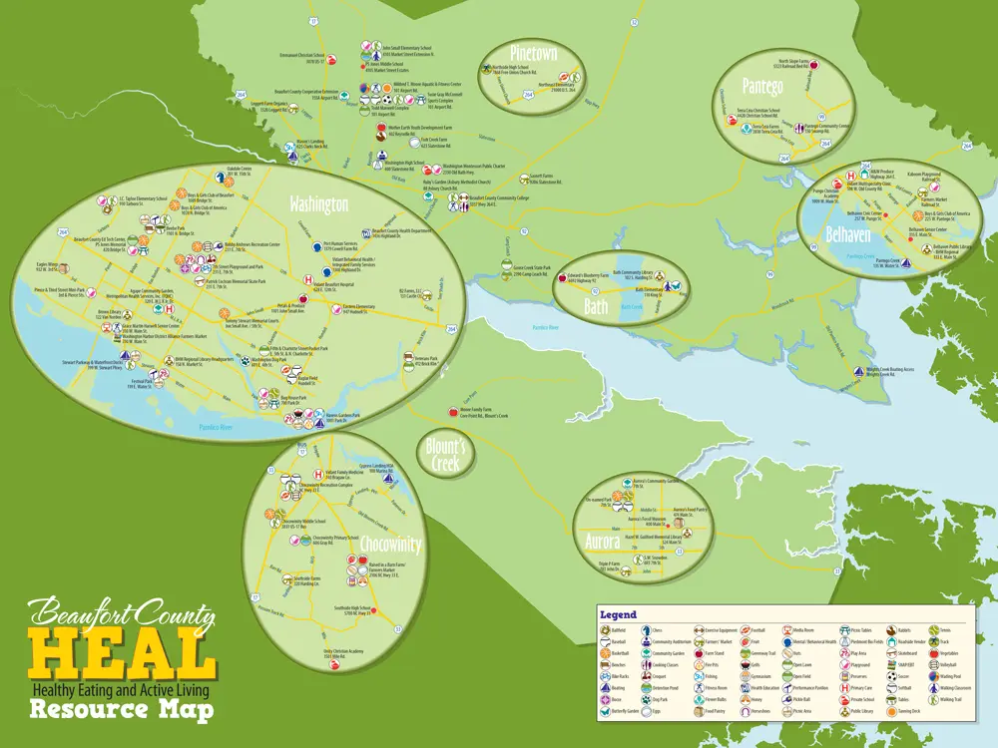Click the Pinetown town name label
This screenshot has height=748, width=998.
[x=533, y=54]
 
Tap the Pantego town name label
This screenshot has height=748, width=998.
[x=762, y=87]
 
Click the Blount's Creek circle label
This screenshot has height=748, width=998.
[x=447, y=456]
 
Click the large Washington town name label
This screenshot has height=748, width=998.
[x=318, y=204]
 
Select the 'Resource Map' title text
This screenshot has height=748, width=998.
[x=122, y=710]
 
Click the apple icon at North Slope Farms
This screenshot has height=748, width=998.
[x=812, y=64]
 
